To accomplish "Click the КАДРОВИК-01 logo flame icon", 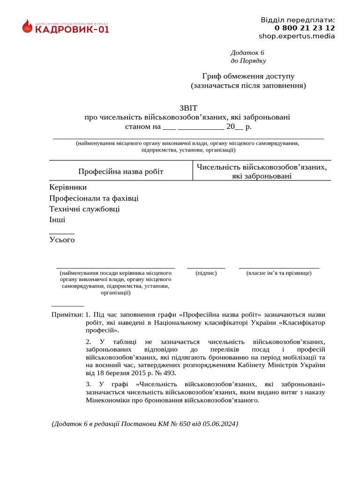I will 27,26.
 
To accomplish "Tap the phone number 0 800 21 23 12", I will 305,28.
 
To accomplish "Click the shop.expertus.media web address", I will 297,36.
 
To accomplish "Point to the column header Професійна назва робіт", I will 121,172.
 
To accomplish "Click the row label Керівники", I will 68,187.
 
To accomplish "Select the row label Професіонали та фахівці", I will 94,198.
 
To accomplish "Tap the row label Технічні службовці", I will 84,209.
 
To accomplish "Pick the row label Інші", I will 57,219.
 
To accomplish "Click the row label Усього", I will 62,240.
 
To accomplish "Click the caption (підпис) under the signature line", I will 206,273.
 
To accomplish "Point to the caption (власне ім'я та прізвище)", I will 279,273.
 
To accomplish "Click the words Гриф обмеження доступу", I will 248,76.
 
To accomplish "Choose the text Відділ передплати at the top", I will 297,20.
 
